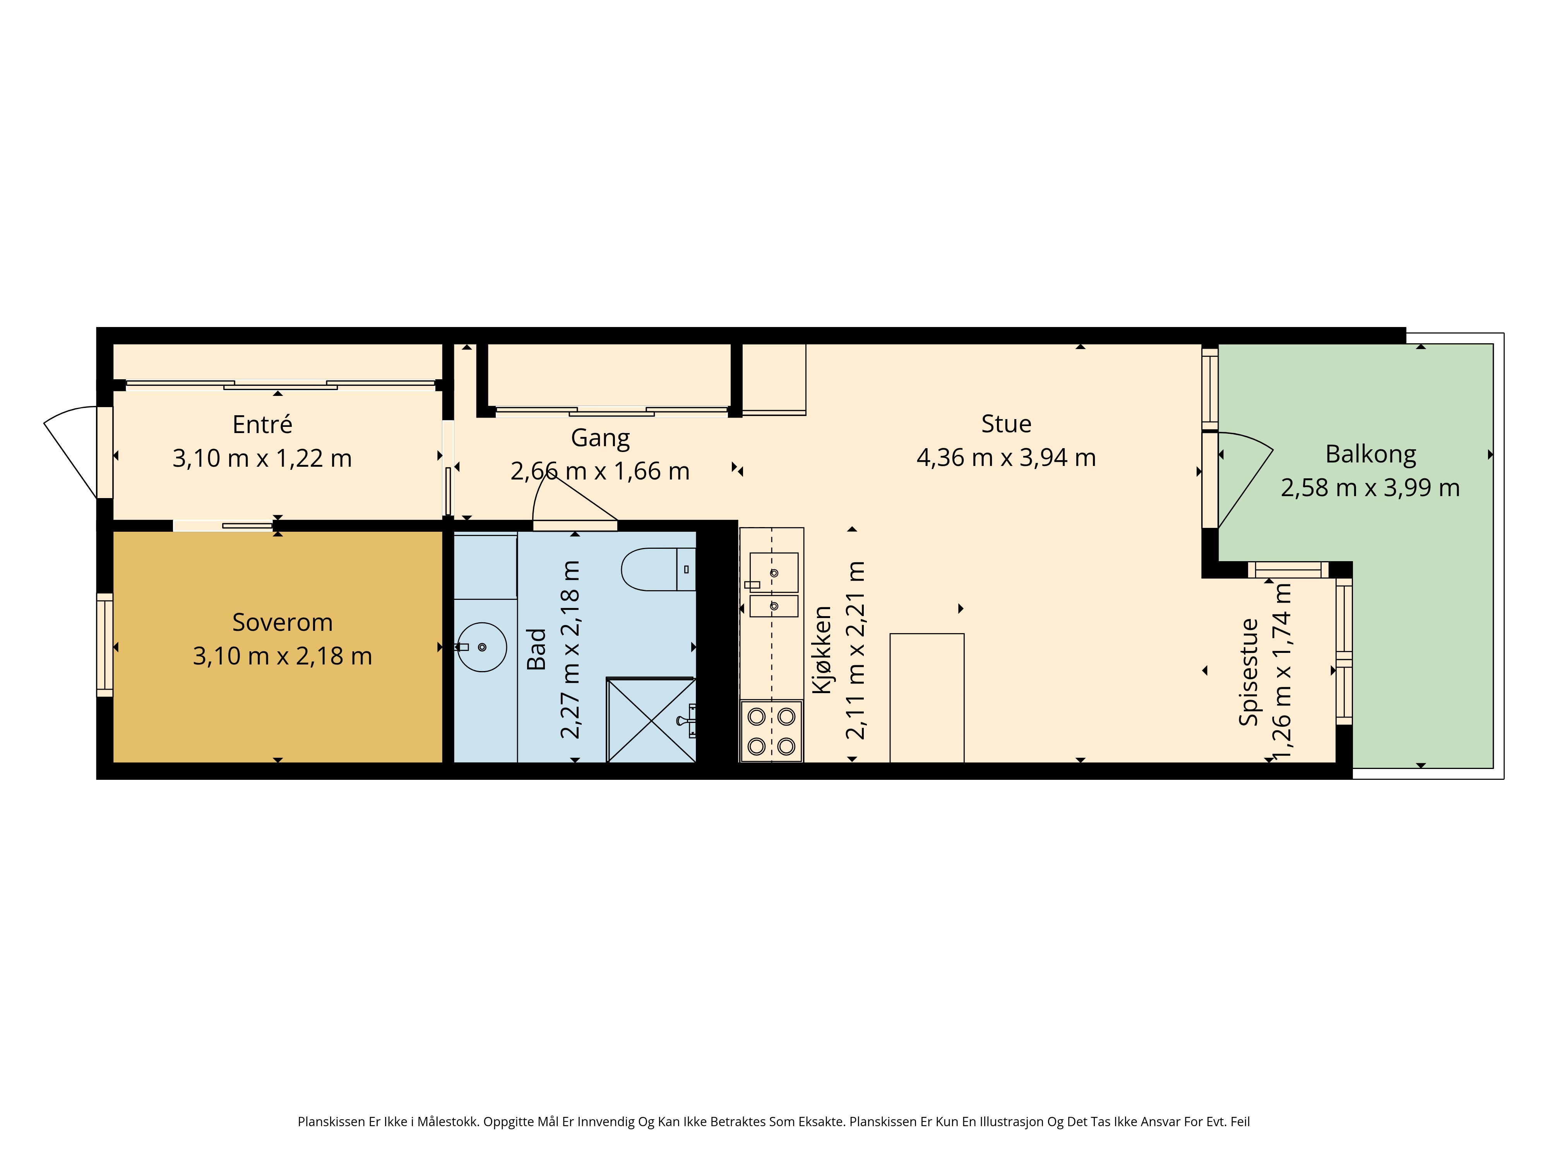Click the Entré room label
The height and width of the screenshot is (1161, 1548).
[x=262, y=424]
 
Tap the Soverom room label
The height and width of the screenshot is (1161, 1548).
[x=282, y=622]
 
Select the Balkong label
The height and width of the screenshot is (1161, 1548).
[x=1370, y=455]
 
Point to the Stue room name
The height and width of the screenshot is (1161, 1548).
[x=1006, y=423]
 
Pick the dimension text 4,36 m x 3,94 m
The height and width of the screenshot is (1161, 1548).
[x=1006, y=458]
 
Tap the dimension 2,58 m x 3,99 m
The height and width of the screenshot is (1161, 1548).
[x=1370, y=488]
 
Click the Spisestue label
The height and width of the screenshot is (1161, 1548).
[x=1249, y=672]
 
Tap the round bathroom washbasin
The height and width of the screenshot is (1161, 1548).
[x=482, y=647]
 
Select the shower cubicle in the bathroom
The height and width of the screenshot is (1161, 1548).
[x=651, y=719]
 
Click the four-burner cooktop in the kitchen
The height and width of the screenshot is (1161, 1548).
[x=771, y=731]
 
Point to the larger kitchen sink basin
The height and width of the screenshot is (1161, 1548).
[x=774, y=572]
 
